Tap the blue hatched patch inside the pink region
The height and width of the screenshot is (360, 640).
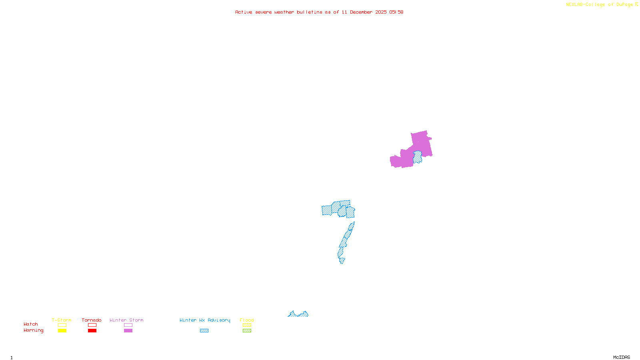(x=418, y=157)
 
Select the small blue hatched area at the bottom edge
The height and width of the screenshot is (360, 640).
(x=298, y=314)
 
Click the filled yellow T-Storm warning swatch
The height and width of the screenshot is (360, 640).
(x=62, y=331)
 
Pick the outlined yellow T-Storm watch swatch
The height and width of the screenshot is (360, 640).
(x=62, y=325)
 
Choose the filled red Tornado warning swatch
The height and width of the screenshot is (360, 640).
(x=92, y=331)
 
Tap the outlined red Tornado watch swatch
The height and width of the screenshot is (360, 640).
(x=92, y=325)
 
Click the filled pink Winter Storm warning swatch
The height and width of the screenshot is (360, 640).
(x=128, y=331)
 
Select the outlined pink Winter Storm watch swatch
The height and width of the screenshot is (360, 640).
(x=128, y=325)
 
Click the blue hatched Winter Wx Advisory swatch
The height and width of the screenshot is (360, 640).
(x=204, y=331)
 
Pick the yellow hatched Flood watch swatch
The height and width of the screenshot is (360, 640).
(x=247, y=325)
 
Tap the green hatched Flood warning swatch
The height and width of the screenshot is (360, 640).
(x=247, y=331)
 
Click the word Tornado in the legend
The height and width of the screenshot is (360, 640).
(x=92, y=320)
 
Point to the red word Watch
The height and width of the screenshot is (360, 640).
(x=31, y=324)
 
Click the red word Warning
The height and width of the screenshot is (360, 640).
(x=33, y=330)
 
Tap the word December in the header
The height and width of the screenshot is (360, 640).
(x=361, y=12)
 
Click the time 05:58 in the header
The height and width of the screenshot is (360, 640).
(x=396, y=12)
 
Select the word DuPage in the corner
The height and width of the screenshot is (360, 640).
(x=624, y=4)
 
